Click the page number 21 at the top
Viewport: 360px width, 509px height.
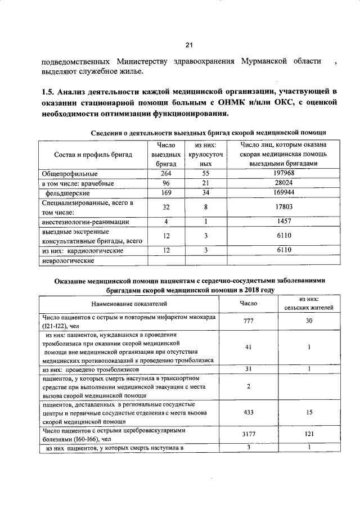[x=189, y=46]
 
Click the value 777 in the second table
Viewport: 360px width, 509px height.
[x=249, y=321]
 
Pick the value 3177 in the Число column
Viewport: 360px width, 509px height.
[x=249, y=434]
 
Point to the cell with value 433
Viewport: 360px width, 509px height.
[x=249, y=412]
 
